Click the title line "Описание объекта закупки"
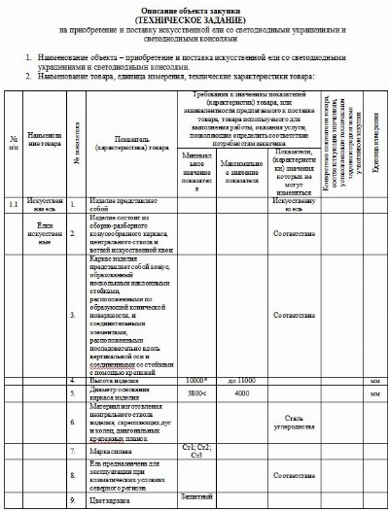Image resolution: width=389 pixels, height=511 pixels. pos(194,10)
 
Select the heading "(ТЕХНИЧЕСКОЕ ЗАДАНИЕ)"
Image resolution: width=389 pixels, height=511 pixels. pos(194,20)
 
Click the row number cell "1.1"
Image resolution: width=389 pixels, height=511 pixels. pos(13,178)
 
